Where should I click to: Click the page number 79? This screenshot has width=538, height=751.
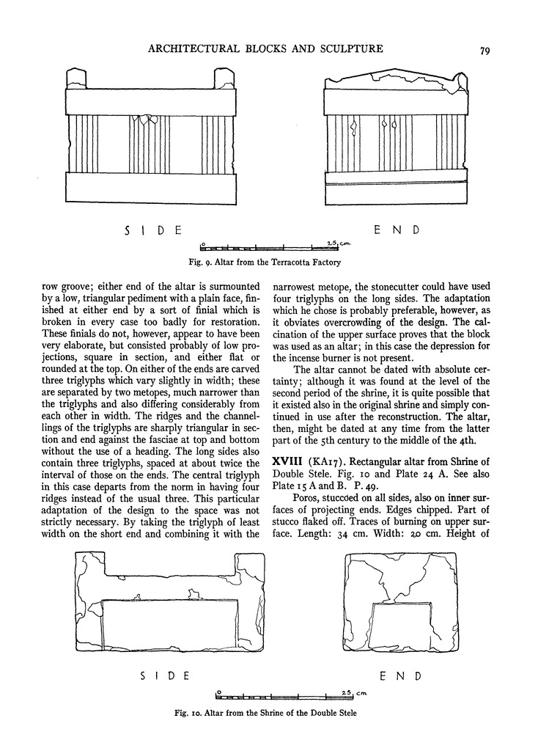coord(484,51)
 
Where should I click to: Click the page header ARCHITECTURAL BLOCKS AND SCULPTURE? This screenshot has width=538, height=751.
coord(265,49)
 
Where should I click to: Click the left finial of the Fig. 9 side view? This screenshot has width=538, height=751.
coord(76,78)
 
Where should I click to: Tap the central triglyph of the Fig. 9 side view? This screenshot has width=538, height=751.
coord(150,142)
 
